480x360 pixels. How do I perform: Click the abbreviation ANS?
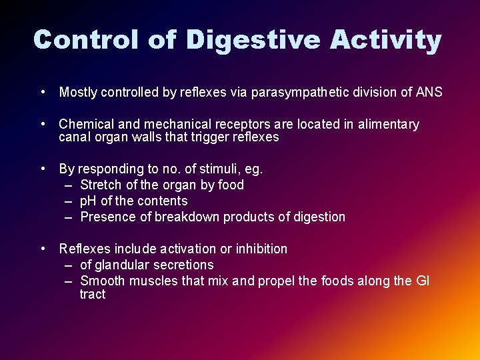pyautogui.click(x=429, y=93)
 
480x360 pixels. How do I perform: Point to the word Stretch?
pyautogui.click(x=101, y=185)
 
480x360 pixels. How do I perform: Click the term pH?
pyautogui.click(x=88, y=201)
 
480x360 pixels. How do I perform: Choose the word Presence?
pyautogui.click(x=106, y=217)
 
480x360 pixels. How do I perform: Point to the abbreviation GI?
pyautogui.click(x=423, y=281)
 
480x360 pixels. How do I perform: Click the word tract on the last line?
pyautogui.click(x=93, y=295)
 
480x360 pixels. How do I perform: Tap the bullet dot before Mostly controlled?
pyautogui.click(x=42, y=92)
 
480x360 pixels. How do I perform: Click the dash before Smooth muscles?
pyautogui.click(x=69, y=281)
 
